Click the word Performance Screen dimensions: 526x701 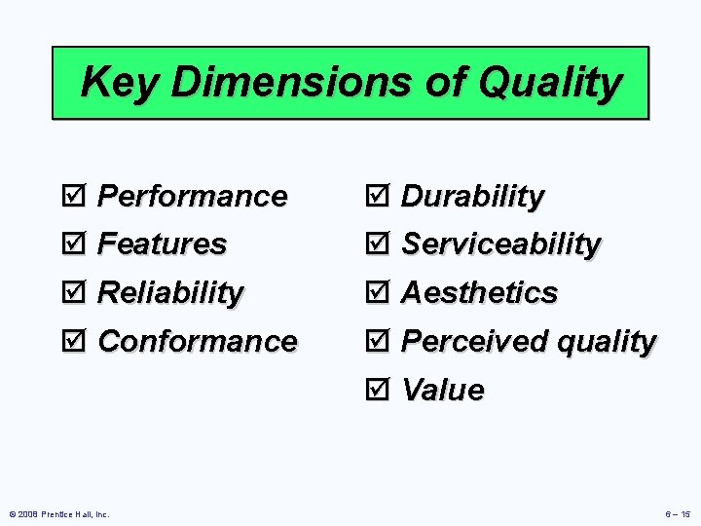pyautogui.click(x=193, y=196)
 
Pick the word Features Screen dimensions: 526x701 pyautogui.click(x=163, y=244)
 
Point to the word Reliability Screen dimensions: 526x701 pyautogui.click(x=171, y=292)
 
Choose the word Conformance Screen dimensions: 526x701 pyautogui.click(x=198, y=341)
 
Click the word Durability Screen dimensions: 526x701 pyautogui.click(x=472, y=196)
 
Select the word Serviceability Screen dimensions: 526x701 pyautogui.click(x=500, y=244)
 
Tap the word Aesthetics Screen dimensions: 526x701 pyautogui.click(x=479, y=292)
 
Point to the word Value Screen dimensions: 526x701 pyautogui.click(x=442, y=390)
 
